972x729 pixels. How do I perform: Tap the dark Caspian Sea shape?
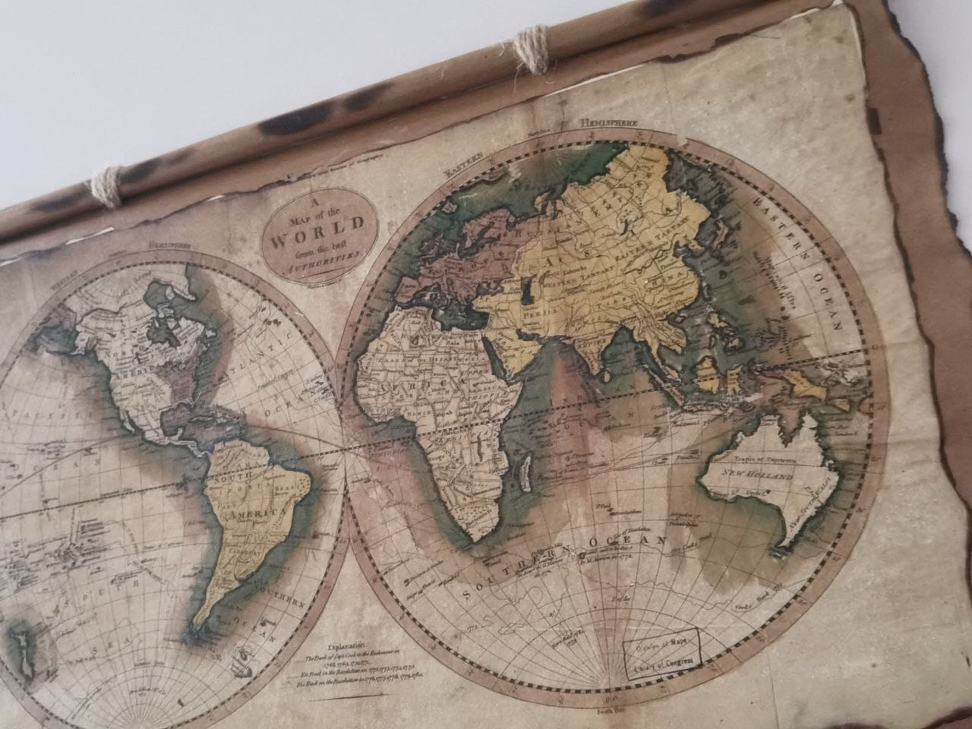click(x=529, y=295)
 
